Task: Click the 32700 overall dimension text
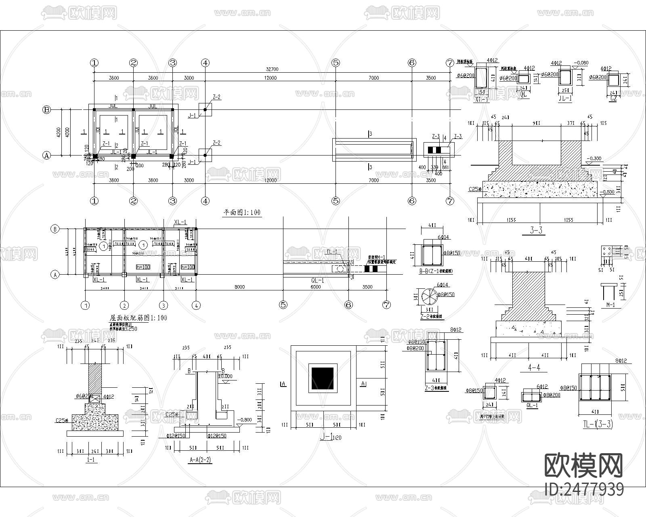[272, 69]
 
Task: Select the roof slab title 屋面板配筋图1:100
[138, 318]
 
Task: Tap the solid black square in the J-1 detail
[322, 378]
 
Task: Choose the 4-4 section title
[534, 367]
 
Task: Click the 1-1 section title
[91, 460]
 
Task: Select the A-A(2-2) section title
[200, 460]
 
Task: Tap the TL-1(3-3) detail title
[598, 424]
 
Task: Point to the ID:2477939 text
[584, 490]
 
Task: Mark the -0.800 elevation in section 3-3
[608, 192]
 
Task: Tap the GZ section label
[614, 98]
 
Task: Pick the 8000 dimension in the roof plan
[239, 287]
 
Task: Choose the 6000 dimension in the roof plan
[316, 287]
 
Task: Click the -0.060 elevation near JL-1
[581, 63]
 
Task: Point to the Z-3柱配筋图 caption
[434, 388]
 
